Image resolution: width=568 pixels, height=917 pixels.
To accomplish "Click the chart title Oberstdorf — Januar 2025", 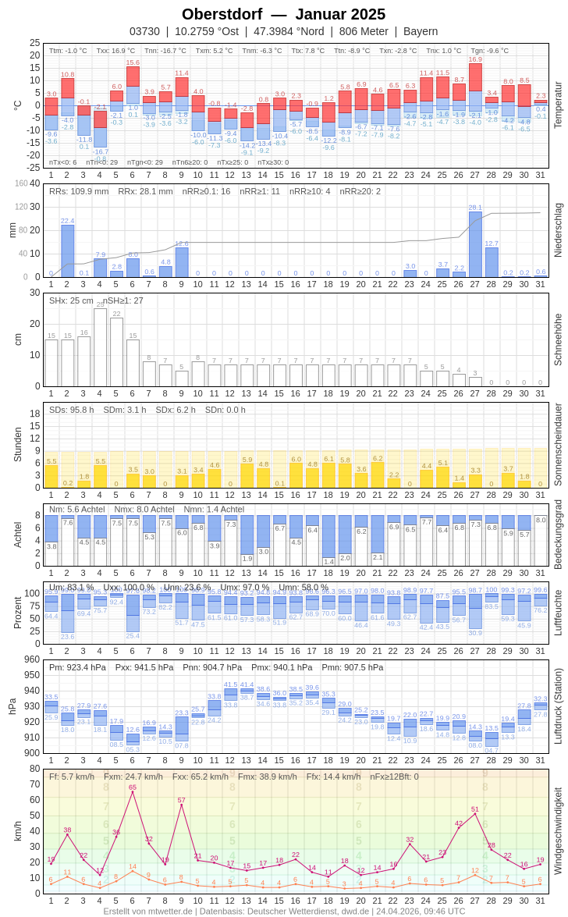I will click(x=283, y=14).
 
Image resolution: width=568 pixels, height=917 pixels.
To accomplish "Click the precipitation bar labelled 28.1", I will click(x=475, y=244).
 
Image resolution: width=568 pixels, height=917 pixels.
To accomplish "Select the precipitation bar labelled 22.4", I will click(x=68, y=251).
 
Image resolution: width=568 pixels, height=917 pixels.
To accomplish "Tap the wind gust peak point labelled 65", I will click(x=133, y=792).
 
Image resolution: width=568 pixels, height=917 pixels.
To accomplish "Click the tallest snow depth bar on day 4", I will click(x=100, y=347).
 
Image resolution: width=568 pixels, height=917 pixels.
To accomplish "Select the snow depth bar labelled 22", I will click(x=116, y=352).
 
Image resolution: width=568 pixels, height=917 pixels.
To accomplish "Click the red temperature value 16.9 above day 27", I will click(x=475, y=59).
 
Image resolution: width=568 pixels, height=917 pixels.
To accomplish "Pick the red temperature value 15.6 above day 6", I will click(x=133, y=62).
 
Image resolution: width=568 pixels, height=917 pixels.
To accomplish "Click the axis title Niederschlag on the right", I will click(x=557, y=230).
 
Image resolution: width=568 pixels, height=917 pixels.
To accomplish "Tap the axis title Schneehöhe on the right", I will click(x=557, y=339).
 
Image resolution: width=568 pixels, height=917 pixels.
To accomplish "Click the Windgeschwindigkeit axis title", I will click(x=557, y=830).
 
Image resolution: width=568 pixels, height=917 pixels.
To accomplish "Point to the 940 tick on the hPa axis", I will click(x=32, y=691).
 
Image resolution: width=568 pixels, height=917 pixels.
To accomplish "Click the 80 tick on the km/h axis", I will click(x=35, y=769).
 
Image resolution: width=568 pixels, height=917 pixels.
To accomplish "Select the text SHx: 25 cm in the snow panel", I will click(x=72, y=300).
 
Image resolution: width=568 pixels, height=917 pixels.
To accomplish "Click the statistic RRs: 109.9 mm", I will click(x=79, y=191).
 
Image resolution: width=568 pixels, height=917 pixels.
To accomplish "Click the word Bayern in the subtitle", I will click(x=421, y=31).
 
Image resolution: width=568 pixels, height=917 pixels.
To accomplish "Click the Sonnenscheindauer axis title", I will click(x=557, y=445).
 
